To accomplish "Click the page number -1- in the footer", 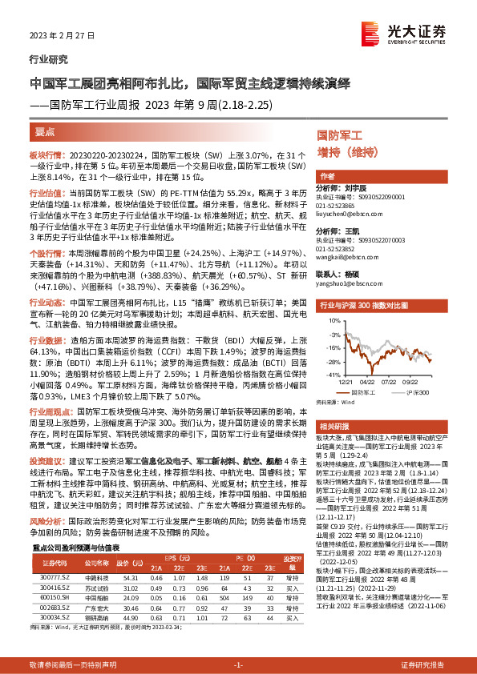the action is tap(238, 664).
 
